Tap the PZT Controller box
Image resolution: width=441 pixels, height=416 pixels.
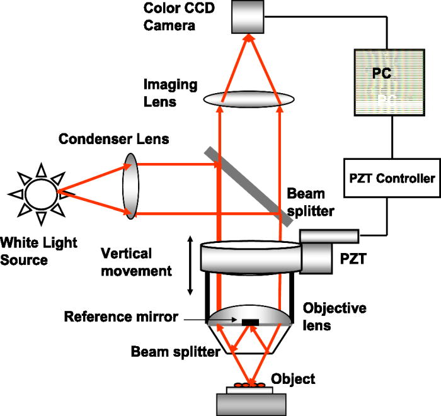coord(391,178)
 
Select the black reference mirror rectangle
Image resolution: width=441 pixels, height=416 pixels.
coord(250,323)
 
